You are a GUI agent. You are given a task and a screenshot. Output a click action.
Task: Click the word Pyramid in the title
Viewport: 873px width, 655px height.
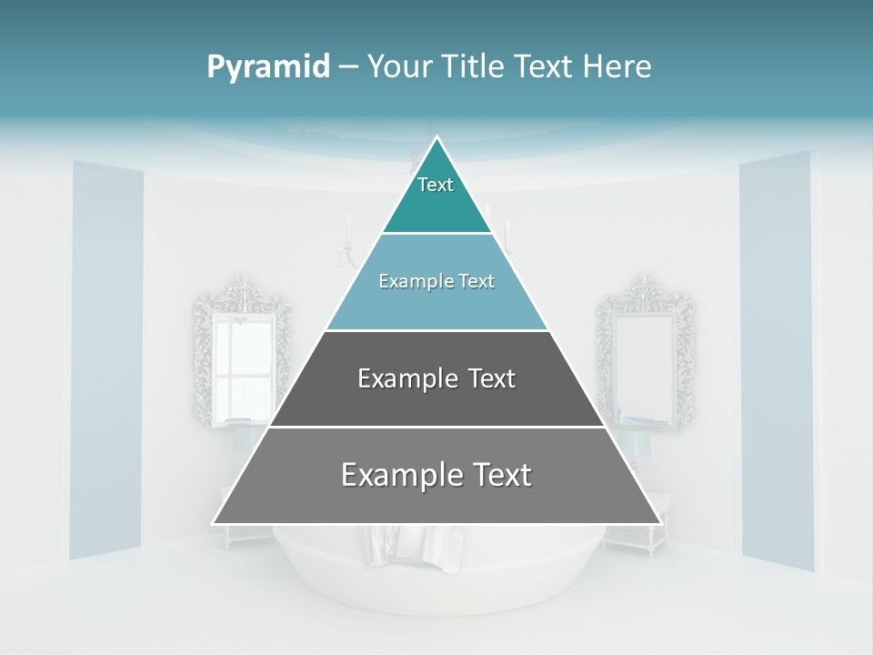pos(268,67)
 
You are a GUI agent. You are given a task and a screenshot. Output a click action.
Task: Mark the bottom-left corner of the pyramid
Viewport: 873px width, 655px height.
pos(215,522)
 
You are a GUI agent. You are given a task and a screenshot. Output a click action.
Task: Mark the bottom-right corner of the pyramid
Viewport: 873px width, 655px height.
pos(659,522)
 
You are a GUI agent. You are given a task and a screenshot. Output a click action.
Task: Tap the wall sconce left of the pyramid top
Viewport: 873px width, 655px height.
pos(347,241)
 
